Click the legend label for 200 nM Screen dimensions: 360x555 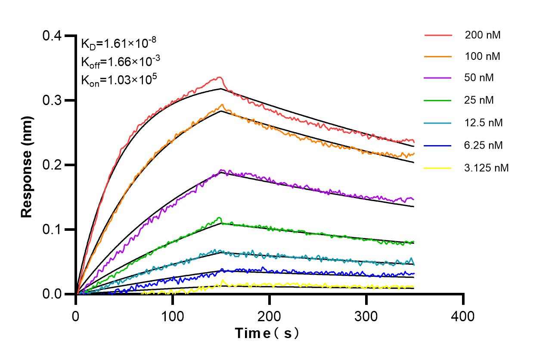point(482,35)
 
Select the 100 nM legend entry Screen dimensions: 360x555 point(482,56)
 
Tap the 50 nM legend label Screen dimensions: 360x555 point(479,78)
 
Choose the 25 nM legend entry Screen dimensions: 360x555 point(479,100)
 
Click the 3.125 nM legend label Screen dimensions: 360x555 point(487,168)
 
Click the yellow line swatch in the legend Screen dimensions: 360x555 point(438,168)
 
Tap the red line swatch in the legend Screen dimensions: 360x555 point(438,35)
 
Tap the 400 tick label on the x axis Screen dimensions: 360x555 point(463,317)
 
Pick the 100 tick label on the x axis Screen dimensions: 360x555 point(173,317)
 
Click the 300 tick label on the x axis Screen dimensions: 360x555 point(366,317)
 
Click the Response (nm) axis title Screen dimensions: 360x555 point(27,165)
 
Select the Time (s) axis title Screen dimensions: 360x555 point(267,333)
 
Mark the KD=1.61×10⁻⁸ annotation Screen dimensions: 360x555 point(118,43)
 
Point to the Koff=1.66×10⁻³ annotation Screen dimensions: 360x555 point(121,62)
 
